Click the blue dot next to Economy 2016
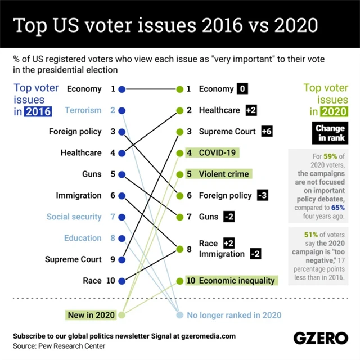point(121,89)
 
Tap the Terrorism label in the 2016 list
point(83,110)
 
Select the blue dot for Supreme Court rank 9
point(121,259)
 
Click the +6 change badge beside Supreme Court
point(267,132)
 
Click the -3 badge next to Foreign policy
point(262,195)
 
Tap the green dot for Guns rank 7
point(180,217)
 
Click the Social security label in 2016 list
point(74,217)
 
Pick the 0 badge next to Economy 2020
point(242,89)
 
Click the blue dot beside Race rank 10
point(121,280)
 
